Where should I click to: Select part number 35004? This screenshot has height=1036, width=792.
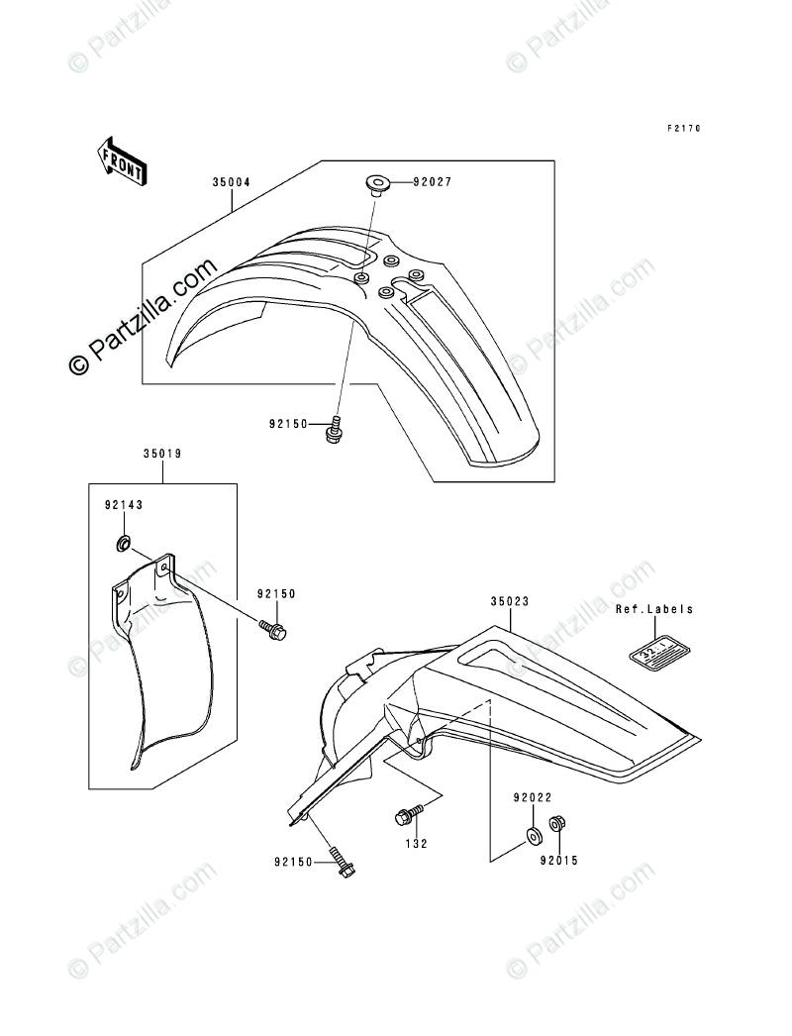(231, 183)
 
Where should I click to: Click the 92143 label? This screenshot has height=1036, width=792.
(124, 504)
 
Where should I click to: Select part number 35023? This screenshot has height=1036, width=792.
(510, 600)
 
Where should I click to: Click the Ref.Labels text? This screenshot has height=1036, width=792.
(654, 610)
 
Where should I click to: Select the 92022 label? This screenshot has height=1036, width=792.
(532, 797)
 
